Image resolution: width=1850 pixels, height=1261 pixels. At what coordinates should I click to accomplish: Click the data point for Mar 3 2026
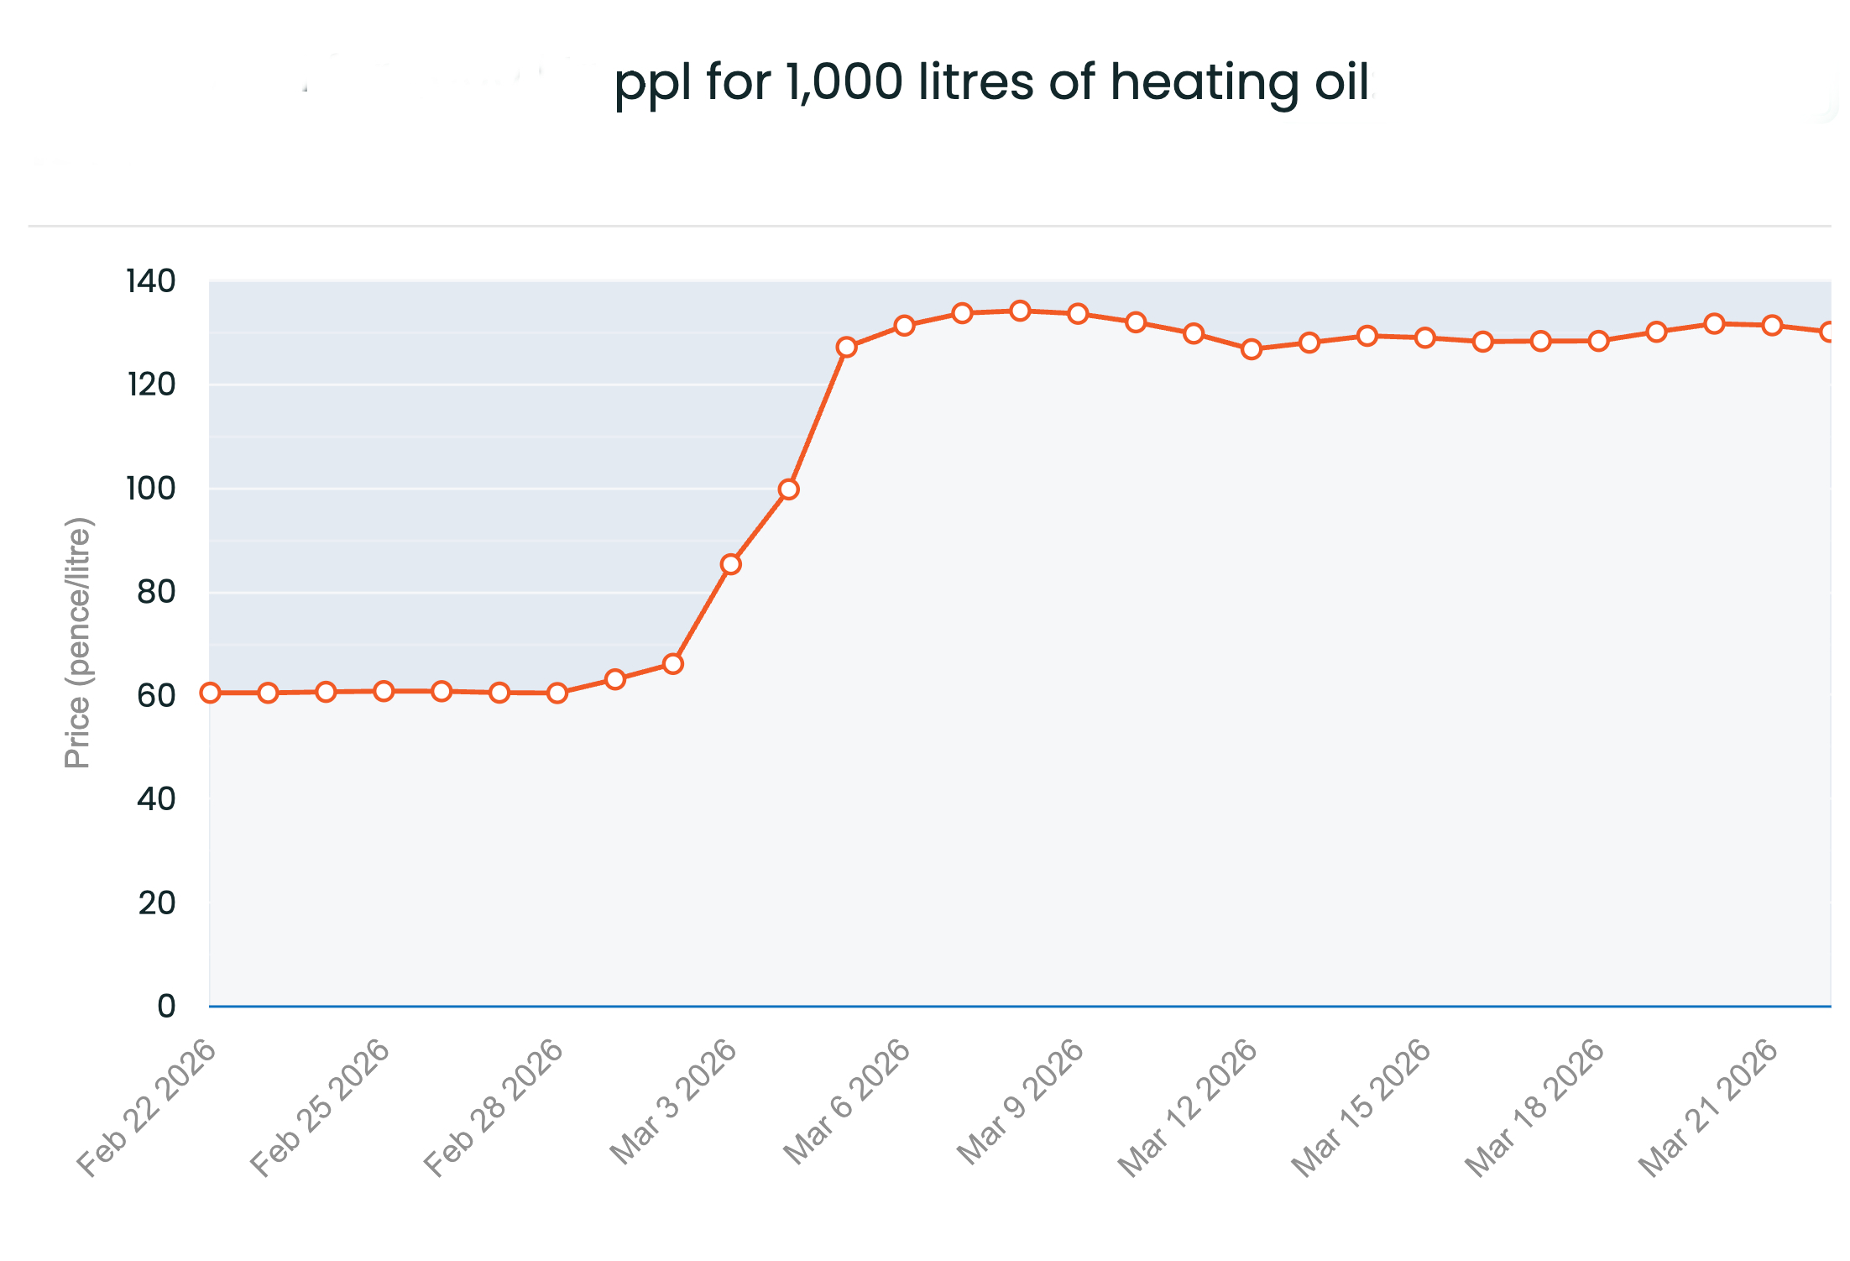(x=730, y=564)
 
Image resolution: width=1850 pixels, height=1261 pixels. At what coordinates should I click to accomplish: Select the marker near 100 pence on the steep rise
(x=788, y=489)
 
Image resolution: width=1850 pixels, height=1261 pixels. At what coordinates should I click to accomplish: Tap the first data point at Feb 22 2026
(x=211, y=693)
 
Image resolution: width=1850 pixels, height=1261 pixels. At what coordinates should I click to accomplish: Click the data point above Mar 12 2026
(x=1252, y=349)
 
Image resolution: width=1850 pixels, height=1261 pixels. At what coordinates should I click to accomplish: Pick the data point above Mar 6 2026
(x=904, y=326)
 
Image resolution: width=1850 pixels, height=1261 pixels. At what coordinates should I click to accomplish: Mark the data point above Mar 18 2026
(x=1598, y=341)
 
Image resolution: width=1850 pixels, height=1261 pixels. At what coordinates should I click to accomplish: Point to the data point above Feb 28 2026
(x=557, y=693)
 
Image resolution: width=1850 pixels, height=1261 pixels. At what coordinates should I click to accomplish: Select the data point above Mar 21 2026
(x=1772, y=325)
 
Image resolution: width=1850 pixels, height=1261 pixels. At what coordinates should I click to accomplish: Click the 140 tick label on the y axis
(x=151, y=281)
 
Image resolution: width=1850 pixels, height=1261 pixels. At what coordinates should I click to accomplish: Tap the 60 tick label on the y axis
(x=156, y=696)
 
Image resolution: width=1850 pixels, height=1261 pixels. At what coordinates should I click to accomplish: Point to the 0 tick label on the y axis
(x=166, y=1006)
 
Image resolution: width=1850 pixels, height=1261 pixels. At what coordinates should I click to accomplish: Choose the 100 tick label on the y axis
(x=151, y=489)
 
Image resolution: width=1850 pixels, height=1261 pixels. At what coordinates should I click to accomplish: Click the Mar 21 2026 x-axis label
(x=1709, y=1107)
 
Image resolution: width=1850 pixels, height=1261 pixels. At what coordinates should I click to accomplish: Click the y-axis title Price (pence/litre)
(x=78, y=643)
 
